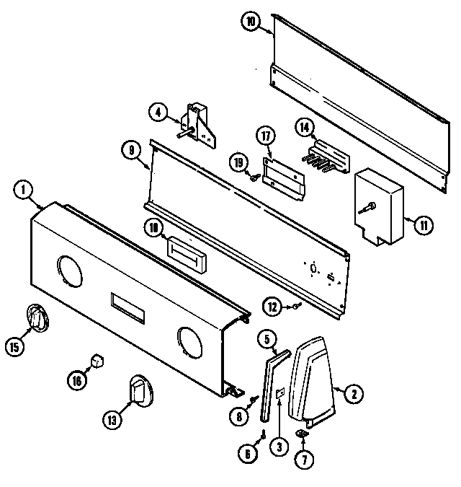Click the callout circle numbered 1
[x=23, y=190]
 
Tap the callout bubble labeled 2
[x=353, y=393]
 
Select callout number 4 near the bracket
[x=158, y=112]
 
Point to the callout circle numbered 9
[x=130, y=151]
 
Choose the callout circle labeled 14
[x=305, y=128]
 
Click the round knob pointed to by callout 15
[x=37, y=317]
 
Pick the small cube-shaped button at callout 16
[x=98, y=359]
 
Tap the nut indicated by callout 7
[x=303, y=434]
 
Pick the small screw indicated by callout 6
[x=264, y=434]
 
